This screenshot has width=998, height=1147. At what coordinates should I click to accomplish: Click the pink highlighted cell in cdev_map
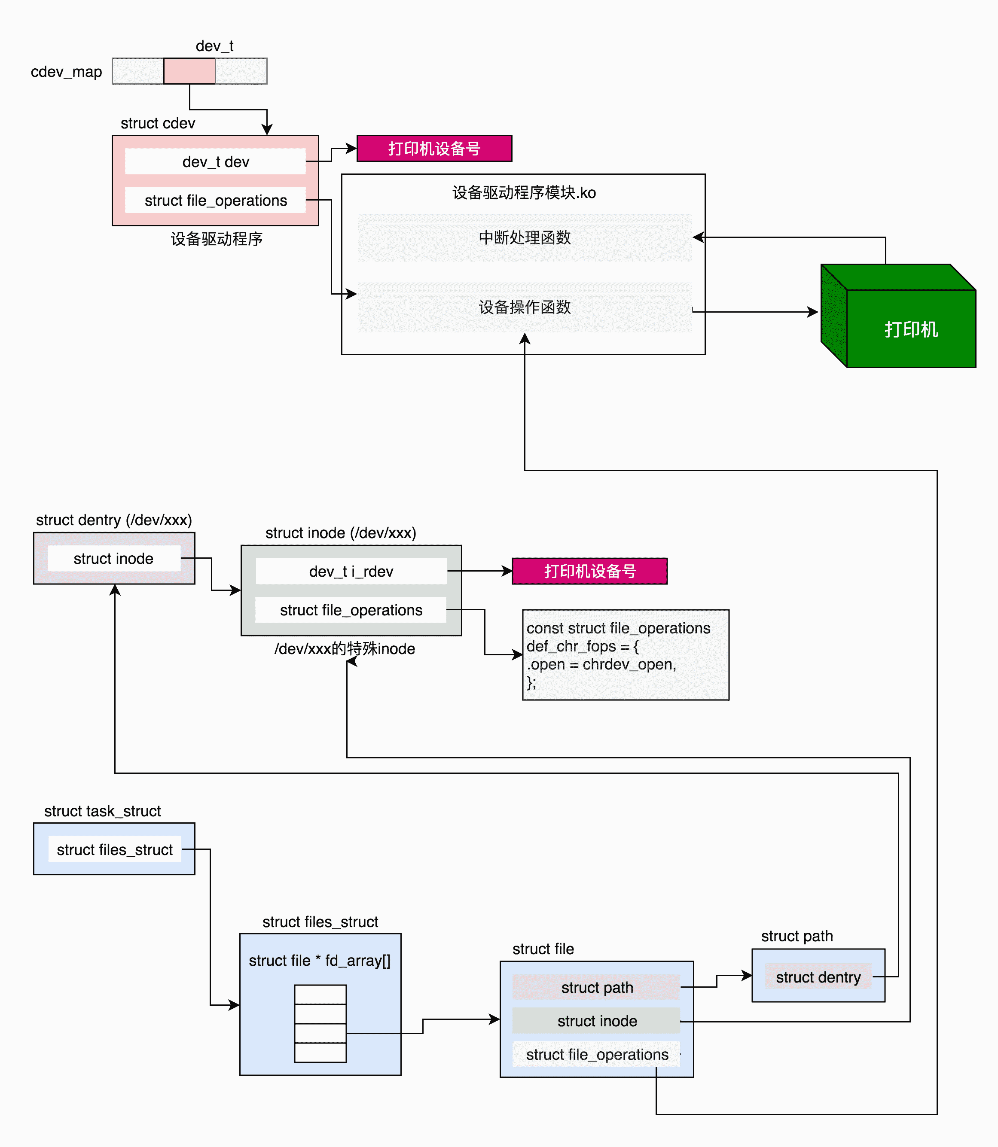[189, 71]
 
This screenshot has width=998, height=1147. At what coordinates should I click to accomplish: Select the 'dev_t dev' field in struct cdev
[216, 162]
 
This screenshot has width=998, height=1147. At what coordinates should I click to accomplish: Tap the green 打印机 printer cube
[910, 329]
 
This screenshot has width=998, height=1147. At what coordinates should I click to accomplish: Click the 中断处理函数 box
[525, 237]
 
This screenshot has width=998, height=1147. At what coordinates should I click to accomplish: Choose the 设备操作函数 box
[525, 307]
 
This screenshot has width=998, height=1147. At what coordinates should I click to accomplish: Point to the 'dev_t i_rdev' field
[351, 572]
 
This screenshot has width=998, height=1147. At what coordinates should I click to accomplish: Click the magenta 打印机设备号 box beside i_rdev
[589, 572]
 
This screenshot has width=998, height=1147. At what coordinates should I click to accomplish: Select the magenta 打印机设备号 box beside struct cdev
[434, 149]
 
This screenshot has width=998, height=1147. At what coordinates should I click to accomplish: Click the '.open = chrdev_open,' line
[601, 664]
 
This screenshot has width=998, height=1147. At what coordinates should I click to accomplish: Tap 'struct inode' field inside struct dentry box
[113, 559]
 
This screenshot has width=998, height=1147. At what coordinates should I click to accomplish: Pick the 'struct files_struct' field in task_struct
[115, 850]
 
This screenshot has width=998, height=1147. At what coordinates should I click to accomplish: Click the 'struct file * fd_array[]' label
[320, 961]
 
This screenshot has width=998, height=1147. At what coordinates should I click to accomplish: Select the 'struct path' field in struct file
[596, 988]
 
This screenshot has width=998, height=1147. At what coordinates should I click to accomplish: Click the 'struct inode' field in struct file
[596, 1021]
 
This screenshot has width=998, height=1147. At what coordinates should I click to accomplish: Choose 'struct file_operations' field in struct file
[596, 1055]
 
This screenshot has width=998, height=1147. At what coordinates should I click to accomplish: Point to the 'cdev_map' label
[66, 72]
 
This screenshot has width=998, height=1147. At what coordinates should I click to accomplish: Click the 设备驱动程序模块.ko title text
[524, 192]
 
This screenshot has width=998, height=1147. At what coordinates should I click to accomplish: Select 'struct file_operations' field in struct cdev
[216, 201]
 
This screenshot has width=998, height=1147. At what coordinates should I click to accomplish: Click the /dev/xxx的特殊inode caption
[345, 649]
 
